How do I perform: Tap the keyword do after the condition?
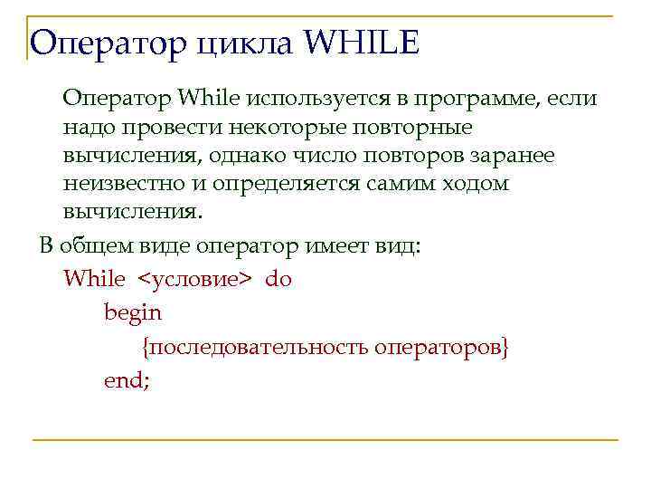(278, 279)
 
